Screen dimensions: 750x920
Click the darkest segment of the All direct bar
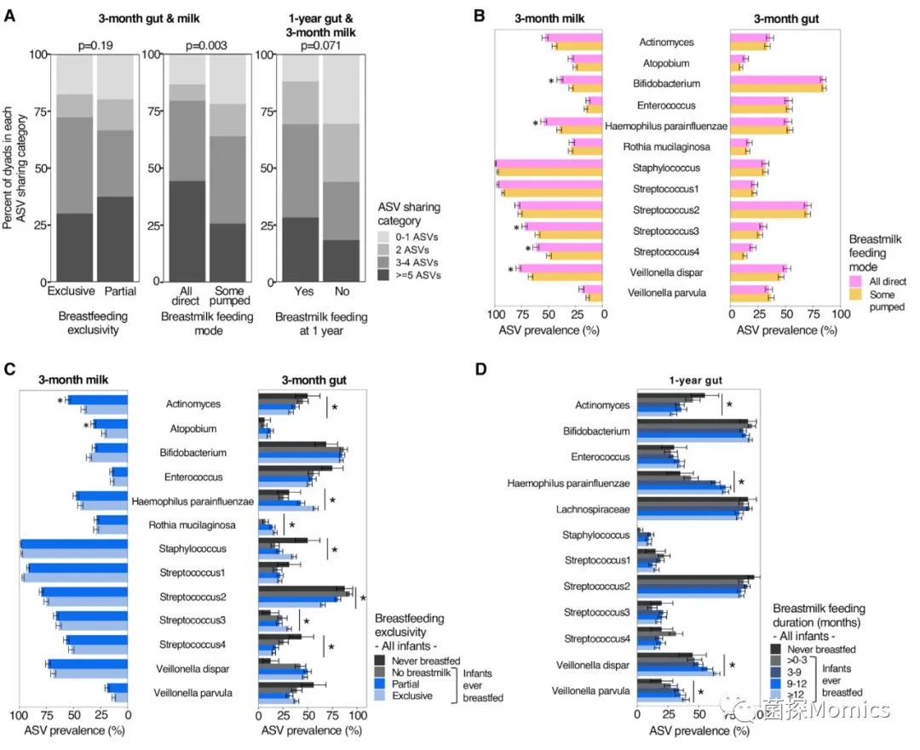(x=187, y=231)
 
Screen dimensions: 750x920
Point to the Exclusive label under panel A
(x=71, y=292)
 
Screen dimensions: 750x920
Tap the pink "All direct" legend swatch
(x=857, y=281)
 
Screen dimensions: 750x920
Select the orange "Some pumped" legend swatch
(x=857, y=295)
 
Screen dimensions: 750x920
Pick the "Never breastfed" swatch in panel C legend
(x=382, y=660)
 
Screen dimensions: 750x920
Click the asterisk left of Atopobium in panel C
(x=86, y=425)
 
